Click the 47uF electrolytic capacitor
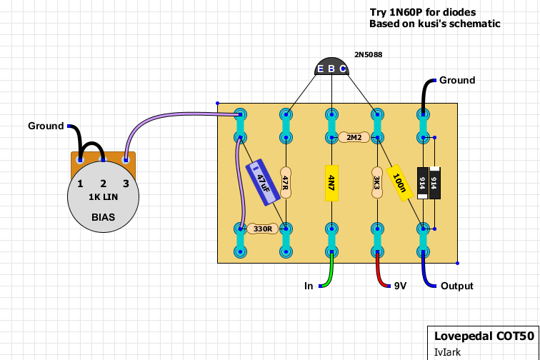(x=263, y=183)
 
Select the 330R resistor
(x=262, y=229)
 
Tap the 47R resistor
(x=286, y=184)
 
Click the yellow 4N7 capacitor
(x=331, y=182)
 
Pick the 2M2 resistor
(x=354, y=136)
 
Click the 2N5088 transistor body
(x=331, y=66)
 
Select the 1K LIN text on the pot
(x=104, y=198)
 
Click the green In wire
(x=329, y=275)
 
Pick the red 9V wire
(x=379, y=275)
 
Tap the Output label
(x=456, y=286)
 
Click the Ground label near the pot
(x=46, y=126)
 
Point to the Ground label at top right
(x=457, y=80)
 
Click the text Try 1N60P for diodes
(x=422, y=12)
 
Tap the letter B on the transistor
(x=331, y=69)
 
